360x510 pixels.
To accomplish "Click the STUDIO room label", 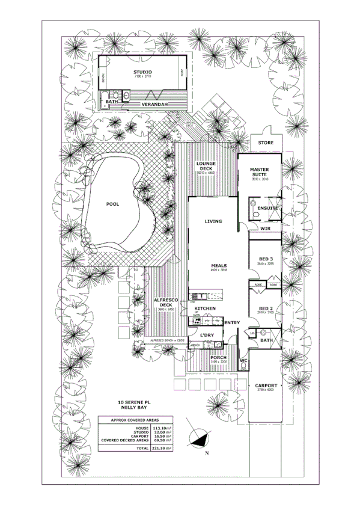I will [x=142, y=72].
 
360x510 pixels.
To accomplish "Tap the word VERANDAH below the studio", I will [x=154, y=105].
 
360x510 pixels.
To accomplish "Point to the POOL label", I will [x=112, y=204].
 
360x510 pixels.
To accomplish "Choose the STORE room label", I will [x=265, y=143].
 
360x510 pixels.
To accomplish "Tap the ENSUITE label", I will [x=269, y=208].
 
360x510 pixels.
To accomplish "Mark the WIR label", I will [x=266, y=229].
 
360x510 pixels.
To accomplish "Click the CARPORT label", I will [x=266, y=386].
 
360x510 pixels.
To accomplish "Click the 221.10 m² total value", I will [x=161, y=449].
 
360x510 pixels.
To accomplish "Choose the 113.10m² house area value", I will [x=161, y=428].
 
